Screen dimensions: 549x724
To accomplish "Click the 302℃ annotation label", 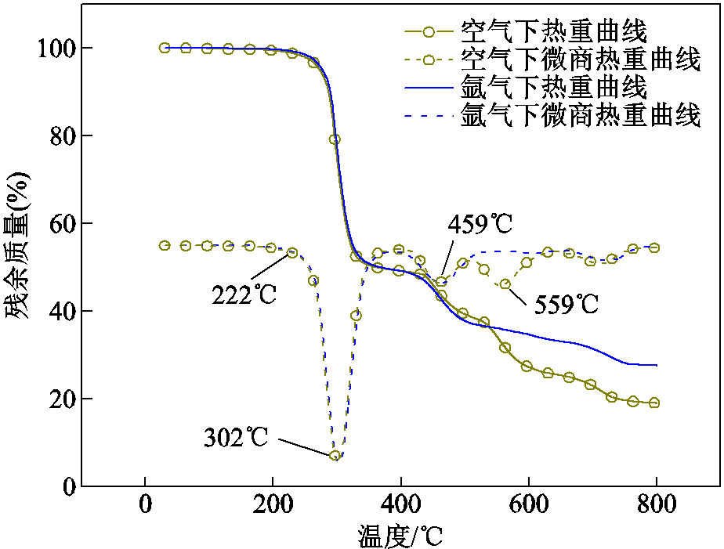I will click(x=236, y=437).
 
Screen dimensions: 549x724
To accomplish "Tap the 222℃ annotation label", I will click(x=244, y=296).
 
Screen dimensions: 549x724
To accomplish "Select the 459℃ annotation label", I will click(x=480, y=224).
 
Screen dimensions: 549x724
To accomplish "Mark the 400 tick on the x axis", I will click(x=400, y=504).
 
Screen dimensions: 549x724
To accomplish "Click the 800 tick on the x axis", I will click(x=656, y=504).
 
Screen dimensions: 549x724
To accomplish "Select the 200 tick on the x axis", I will click(x=273, y=504).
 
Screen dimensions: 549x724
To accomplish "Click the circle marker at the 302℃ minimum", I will click(x=335, y=455).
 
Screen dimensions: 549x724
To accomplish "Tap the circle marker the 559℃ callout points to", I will click(x=505, y=284).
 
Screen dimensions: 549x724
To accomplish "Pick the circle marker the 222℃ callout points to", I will click(x=292, y=253).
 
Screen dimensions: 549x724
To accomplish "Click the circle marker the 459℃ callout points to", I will click(x=441, y=282).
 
